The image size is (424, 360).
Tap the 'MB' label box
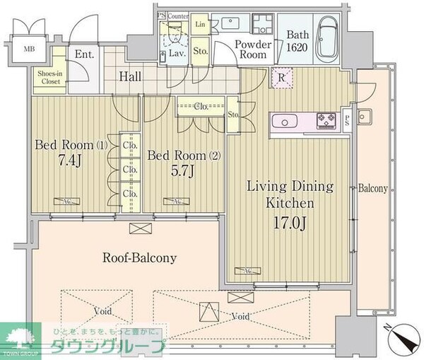pyautogui.click(x=29, y=49)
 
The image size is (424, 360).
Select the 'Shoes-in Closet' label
pyautogui.click(x=45, y=76)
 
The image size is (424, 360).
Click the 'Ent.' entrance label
pyautogui.click(x=84, y=54)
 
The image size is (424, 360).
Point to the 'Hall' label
pyautogui.click(x=129, y=76)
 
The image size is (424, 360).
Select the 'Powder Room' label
pyautogui.click(x=251, y=50)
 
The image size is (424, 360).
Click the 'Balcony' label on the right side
pyautogui.click(x=372, y=189)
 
